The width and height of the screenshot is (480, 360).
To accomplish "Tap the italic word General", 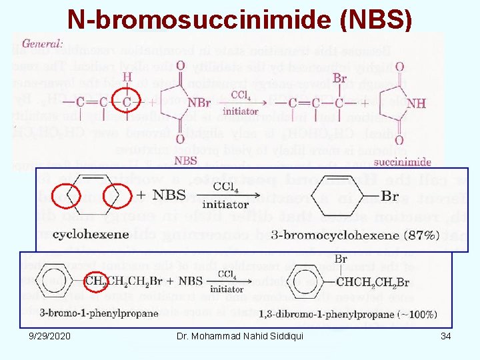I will click(x=42, y=43).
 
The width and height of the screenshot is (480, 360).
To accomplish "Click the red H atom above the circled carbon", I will click(x=126, y=77).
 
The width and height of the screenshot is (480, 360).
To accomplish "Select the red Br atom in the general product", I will click(x=339, y=79).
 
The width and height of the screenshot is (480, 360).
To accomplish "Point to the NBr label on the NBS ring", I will click(x=199, y=103).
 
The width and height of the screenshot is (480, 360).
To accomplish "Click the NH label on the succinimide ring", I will click(x=416, y=103).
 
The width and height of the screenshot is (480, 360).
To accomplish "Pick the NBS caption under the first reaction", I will click(x=185, y=160).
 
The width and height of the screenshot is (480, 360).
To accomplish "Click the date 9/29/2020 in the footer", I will click(x=50, y=336).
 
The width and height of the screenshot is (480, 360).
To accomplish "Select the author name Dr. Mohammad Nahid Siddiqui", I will click(x=240, y=336).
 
